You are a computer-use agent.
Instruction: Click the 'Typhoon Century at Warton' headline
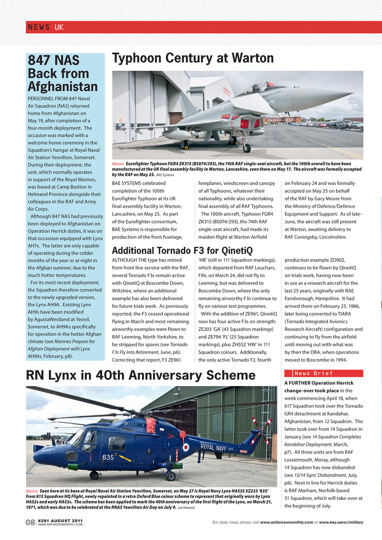193,58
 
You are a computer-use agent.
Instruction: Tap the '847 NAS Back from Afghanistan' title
62,73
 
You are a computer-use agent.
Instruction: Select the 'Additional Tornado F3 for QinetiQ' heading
182,251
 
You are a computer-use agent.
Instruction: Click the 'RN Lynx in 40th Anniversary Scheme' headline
141,375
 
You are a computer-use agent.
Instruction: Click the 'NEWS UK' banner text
46,27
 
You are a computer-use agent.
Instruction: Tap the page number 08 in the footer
30,523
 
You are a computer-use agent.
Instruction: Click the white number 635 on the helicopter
108,457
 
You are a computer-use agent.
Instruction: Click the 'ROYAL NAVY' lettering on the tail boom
213,448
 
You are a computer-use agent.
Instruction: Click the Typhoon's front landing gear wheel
247,148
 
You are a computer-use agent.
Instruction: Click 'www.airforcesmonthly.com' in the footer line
286,522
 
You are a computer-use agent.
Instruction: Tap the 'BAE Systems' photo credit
165,175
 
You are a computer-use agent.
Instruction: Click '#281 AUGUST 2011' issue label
60,521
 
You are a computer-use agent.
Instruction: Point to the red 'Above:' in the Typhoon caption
118,164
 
